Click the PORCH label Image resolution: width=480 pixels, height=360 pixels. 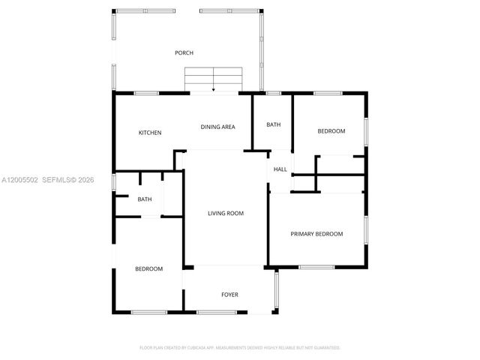point(184,53)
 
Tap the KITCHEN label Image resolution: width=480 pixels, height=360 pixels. point(150,133)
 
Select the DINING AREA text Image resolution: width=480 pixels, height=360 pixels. point(217,127)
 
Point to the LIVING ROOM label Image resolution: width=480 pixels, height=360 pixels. point(226,214)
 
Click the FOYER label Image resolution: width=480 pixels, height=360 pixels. point(229,295)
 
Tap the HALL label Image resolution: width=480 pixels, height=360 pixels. point(280,169)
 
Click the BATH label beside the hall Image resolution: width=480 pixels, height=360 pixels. point(274,124)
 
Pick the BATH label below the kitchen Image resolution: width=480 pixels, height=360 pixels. point(145,199)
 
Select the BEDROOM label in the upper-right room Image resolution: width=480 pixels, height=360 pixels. point(331,131)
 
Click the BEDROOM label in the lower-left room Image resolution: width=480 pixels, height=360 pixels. point(148,268)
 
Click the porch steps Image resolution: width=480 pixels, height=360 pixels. point(214,77)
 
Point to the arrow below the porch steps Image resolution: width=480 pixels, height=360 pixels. point(214,90)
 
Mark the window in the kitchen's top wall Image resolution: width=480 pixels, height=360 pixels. point(147,93)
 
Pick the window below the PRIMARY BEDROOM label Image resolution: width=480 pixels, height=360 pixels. point(316,267)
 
